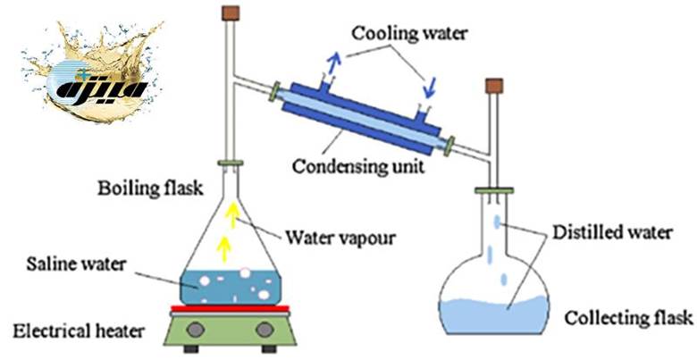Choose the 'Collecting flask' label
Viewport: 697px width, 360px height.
click(616, 317)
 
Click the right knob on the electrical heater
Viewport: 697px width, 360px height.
click(264, 331)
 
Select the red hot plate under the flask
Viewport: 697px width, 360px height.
click(229, 309)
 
